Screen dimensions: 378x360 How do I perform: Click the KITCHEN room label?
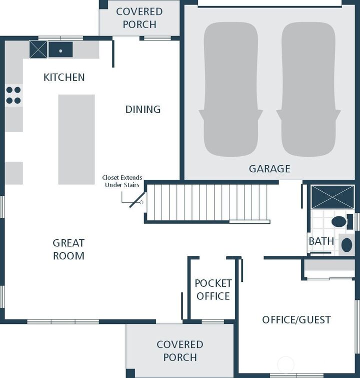tap(64, 77)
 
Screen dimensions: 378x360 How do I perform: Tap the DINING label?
tap(143, 109)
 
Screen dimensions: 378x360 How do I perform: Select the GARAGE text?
tap(269, 169)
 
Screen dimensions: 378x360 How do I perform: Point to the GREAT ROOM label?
tap(68, 249)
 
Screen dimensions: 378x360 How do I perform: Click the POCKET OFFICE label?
tap(213, 290)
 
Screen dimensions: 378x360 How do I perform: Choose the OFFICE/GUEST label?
tap(296, 319)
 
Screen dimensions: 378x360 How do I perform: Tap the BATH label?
tap(321, 241)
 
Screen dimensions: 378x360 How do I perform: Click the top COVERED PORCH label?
tap(139, 18)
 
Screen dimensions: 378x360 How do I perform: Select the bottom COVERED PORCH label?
tap(180, 350)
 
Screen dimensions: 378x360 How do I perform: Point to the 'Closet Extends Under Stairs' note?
tap(122, 181)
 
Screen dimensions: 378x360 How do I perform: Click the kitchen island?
tap(76, 139)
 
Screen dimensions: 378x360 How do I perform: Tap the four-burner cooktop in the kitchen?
tap(13, 95)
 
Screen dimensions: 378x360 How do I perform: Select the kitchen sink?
tap(60, 50)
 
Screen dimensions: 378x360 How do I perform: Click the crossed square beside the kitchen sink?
tap(38, 50)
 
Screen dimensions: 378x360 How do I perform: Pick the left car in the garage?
tap(231, 90)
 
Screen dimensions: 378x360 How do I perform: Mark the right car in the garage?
tap(308, 90)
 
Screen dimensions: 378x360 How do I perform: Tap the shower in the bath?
tap(332, 197)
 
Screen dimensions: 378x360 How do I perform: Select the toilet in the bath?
tap(339, 221)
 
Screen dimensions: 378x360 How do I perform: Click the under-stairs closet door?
tap(137, 200)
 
